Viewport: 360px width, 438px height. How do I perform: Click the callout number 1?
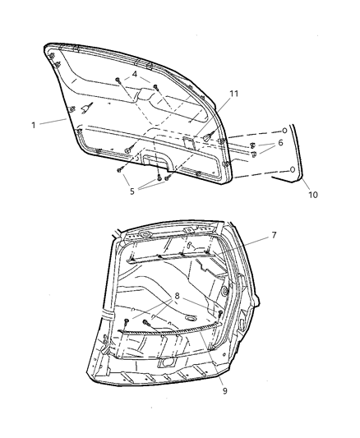click(33, 125)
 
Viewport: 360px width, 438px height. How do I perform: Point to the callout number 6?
click(280, 143)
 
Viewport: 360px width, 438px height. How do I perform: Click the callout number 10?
click(312, 194)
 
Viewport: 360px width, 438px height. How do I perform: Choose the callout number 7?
click(274, 235)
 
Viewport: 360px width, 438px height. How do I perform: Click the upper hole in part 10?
click(284, 131)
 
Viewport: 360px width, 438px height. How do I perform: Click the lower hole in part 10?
click(293, 170)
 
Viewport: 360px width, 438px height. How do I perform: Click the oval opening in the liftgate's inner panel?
click(191, 317)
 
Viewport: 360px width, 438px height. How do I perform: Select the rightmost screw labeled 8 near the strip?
click(219, 313)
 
